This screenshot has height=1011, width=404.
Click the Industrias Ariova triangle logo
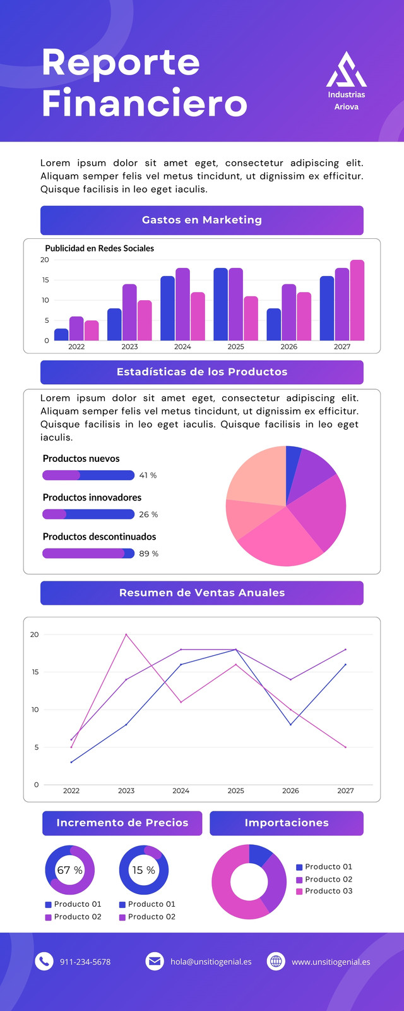[347, 70]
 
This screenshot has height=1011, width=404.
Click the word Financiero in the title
[145, 103]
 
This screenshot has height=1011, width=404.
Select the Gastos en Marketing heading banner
[201, 221]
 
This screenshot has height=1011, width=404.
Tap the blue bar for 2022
[61, 334]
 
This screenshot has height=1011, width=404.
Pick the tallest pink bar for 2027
[357, 300]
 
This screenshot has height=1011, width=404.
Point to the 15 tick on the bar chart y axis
[45, 280]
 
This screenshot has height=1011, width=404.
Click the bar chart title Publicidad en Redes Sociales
[100, 248]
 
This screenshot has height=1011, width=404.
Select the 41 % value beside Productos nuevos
[148, 475]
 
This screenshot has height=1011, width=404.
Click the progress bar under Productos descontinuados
[88, 554]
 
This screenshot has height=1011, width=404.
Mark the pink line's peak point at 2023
[126, 634]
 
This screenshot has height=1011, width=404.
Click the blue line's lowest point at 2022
[71, 762]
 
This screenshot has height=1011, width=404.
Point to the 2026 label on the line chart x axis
[290, 790]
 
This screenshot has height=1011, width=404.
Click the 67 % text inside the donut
[70, 870]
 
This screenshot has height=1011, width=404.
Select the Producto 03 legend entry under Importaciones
[324, 891]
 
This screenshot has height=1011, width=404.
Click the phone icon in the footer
[44, 961]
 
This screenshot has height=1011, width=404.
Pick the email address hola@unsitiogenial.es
[211, 962]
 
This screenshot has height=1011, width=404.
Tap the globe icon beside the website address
[276, 961]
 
